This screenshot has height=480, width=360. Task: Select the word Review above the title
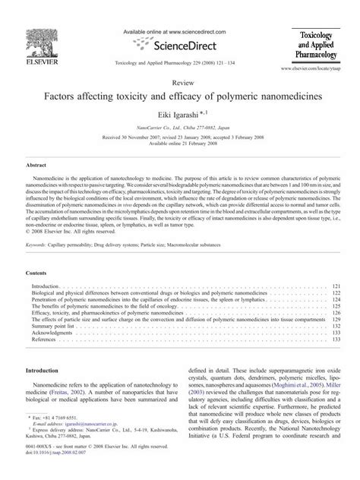pyautogui.click(x=180, y=84)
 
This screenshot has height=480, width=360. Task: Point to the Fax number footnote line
pyautogui.click(x=62, y=439)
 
